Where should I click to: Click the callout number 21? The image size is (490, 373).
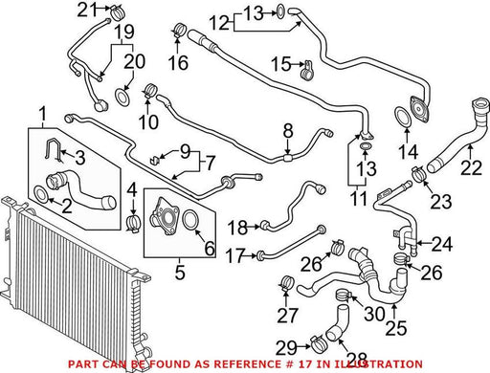pyautogui.click(x=87, y=10)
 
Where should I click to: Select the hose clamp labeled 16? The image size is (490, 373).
pyautogui.click(x=180, y=31)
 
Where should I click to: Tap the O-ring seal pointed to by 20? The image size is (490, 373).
pyautogui.click(x=122, y=98)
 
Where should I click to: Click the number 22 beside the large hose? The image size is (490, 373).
pyautogui.click(x=471, y=167)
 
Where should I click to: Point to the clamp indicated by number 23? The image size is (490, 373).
pyautogui.click(x=421, y=174)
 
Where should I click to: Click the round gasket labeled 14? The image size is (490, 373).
pyautogui.click(x=403, y=117)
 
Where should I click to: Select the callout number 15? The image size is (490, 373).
pyautogui.click(x=280, y=64)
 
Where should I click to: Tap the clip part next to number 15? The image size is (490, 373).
pyautogui.click(x=307, y=71)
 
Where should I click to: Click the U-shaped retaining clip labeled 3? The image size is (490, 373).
pyautogui.click(x=54, y=150)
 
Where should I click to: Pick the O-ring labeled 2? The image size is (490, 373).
pyautogui.click(x=41, y=195)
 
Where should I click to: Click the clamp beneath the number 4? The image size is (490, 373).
pyautogui.click(x=134, y=223)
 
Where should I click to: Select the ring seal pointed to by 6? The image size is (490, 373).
pyautogui.click(x=191, y=219)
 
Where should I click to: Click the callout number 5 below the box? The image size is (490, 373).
pyautogui.click(x=180, y=273)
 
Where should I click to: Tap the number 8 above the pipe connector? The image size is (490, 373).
pyautogui.click(x=288, y=131)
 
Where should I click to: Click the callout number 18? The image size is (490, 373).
pyautogui.click(x=237, y=228)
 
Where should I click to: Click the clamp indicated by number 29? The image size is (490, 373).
pyautogui.click(x=317, y=343)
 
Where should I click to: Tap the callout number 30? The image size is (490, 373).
pyautogui.click(x=375, y=314)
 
